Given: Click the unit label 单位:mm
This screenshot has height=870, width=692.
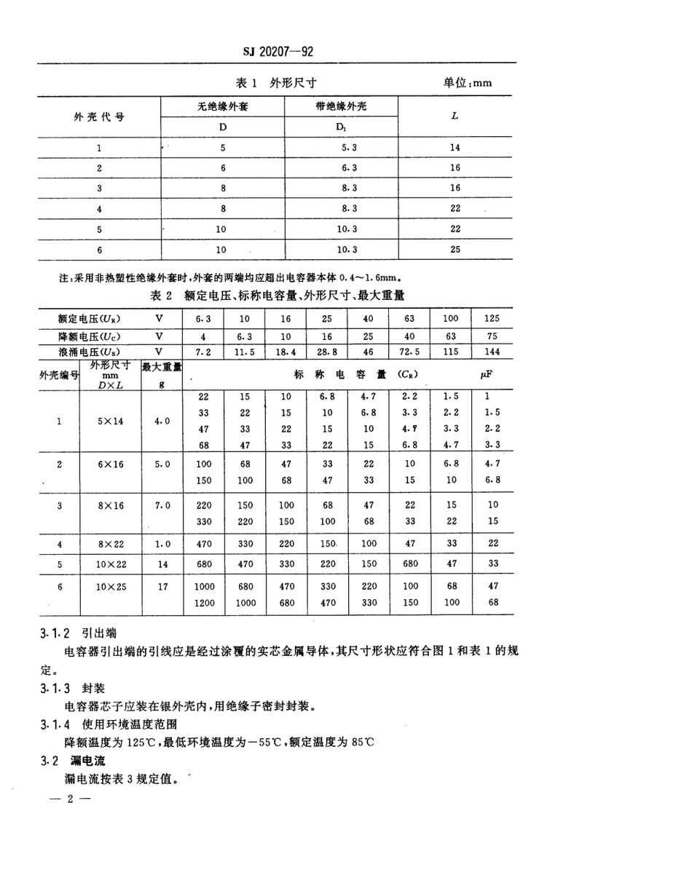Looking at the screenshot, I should [467, 82].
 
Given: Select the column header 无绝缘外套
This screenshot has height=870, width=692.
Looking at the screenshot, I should [223, 106].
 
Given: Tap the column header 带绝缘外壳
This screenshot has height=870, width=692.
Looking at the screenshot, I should [342, 106].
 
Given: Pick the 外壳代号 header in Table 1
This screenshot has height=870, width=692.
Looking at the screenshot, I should [98, 116].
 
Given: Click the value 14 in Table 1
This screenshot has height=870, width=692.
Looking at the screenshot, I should [455, 147].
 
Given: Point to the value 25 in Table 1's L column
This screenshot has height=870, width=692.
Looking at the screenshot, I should [455, 249].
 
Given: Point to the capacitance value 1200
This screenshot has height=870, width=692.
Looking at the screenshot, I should [205, 602].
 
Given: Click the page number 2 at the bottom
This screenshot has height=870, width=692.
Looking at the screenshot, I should [70, 799].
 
